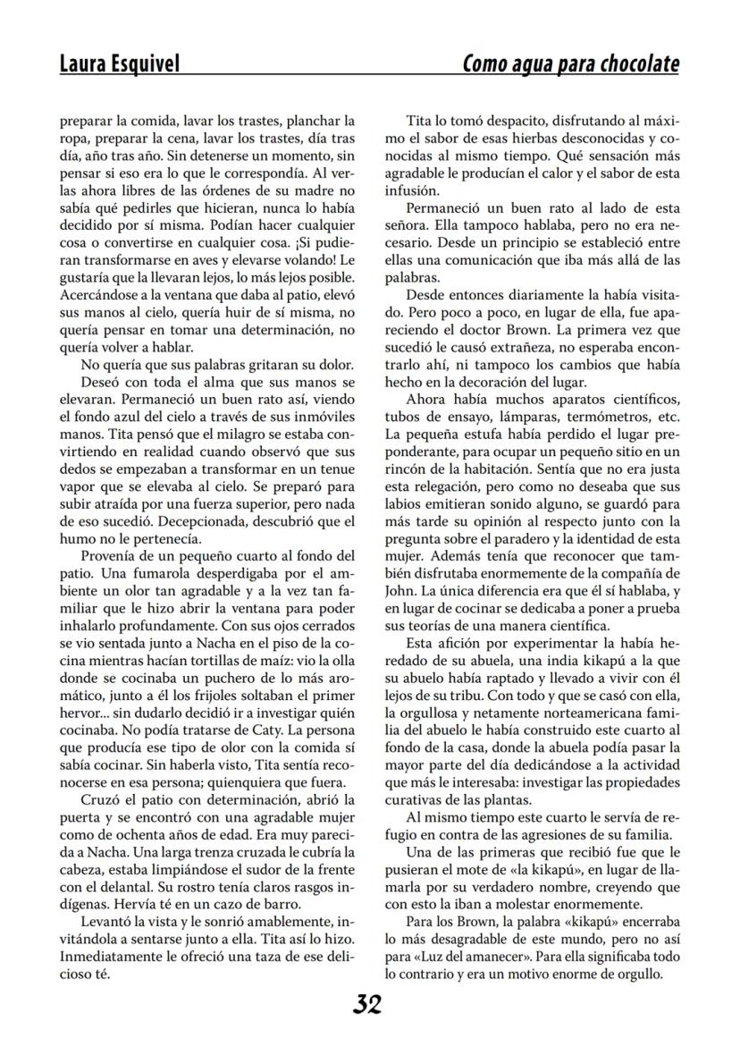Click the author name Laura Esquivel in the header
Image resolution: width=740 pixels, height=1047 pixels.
point(119,64)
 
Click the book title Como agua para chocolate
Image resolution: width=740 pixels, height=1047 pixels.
point(570,64)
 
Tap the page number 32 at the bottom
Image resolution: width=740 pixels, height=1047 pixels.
point(367,1005)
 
